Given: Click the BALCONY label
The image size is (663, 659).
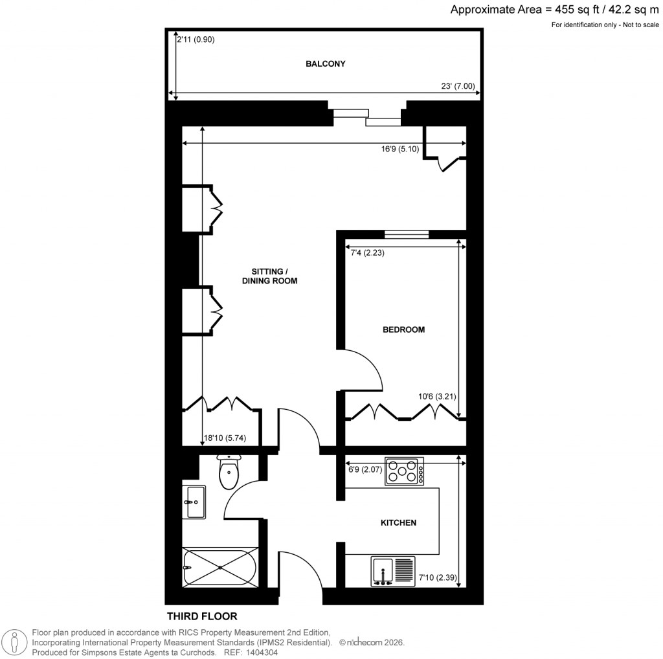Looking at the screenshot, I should (x=325, y=64).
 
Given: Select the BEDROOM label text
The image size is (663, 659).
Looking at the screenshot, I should (x=403, y=329).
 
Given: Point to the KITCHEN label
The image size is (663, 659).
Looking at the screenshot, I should (x=398, y=522).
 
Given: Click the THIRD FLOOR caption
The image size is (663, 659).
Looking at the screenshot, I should (x=202, y=616).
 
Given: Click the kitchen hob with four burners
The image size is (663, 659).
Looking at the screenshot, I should (x=405, y=471).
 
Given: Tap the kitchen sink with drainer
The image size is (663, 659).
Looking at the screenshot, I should (x=394, y=572).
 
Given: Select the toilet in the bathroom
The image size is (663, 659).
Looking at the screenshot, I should (x=229, y=472).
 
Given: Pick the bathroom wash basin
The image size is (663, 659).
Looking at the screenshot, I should (x=195, y=502).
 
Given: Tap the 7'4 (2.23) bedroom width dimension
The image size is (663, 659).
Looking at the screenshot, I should (x=366, y=253).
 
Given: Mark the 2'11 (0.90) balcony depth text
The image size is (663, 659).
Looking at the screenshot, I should (x=196, y=39).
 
